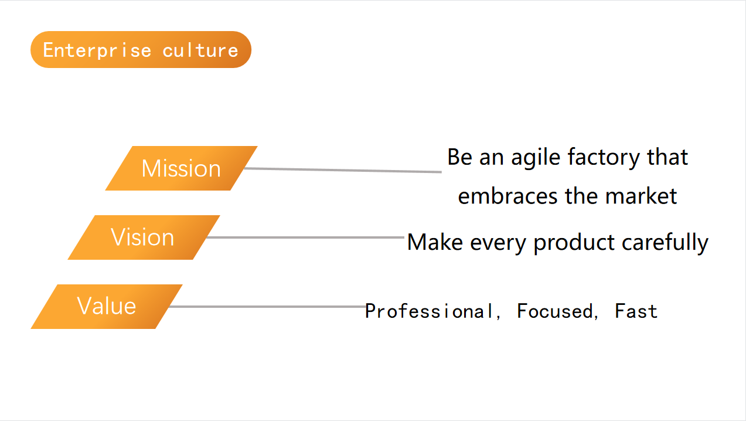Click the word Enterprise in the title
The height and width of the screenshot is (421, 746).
coord(97,50)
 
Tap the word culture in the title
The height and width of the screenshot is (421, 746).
coord(200,50)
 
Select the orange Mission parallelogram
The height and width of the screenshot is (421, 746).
coord(182,168)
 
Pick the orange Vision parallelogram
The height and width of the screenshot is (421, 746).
coord(144,237)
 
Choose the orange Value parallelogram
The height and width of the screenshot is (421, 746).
coord(107,307)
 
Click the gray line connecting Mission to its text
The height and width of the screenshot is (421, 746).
coord(343,170)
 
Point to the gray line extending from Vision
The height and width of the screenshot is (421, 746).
coord(305,237)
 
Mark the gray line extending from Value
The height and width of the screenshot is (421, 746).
coord(267,307)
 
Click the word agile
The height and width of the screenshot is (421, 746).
coord(536,157)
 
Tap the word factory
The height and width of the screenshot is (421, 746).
coord(604,157)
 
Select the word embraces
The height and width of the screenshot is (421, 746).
coord(508,196)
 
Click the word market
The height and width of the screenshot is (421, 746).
coord(641,196)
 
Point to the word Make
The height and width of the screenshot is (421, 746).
coord(435,242)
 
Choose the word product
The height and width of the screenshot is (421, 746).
coord(574,243)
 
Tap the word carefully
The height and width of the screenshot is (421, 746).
coord(665,243)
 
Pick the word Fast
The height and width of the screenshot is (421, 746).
coord(636,311)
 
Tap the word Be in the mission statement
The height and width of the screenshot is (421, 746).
coord(459,157)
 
